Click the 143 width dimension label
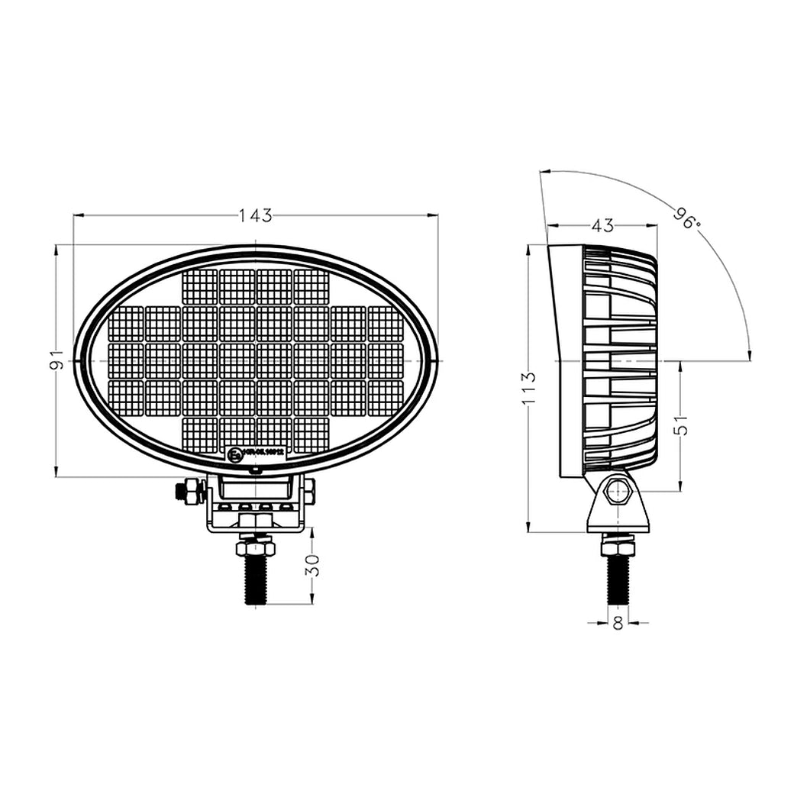coord(255,215)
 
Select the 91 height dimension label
coord(54,360)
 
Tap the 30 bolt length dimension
coord(313,565)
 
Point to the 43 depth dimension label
coord(602,225)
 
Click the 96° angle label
coord(686,218)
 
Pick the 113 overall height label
coord(529,388)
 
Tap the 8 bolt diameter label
coord(618,624)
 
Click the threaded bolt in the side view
coord(618,579)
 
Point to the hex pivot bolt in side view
coord(617,492)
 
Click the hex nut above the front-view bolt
coord(255,547)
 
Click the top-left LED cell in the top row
coord(200,287)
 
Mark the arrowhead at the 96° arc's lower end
coord(749,353)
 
